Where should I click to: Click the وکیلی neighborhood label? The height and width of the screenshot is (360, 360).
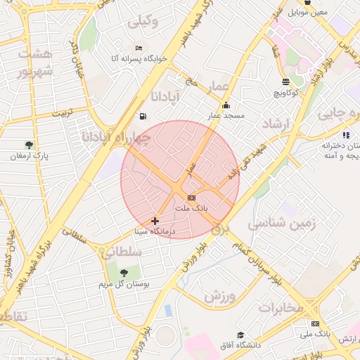click(x=143, y=21)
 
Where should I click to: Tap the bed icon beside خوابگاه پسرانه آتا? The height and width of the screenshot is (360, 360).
click(x=139, y=48)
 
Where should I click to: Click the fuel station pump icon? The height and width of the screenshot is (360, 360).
click(x=143, y=116)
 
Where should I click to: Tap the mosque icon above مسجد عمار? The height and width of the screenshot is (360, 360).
click(x=225, y=105)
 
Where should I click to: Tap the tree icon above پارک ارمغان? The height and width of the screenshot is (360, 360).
click(x=29, y=145)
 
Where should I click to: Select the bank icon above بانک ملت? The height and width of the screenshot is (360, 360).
click(x=191, y=198)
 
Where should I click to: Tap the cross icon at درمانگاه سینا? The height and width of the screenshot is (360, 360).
click(x=155, y=221)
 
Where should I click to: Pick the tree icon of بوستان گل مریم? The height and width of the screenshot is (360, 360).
click(x=124, y=272)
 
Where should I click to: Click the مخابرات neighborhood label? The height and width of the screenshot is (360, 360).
click(x=281, y=307)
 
